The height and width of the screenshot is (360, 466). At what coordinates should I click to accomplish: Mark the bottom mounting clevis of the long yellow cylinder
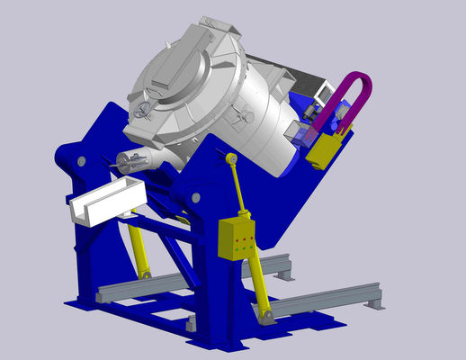pos(266,316)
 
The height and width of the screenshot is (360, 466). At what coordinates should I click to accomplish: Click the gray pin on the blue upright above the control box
pos(197,194)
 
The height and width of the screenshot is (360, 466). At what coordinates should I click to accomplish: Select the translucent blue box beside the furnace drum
pos(296,134)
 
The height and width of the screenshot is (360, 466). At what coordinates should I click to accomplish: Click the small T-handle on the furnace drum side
pos(241,114)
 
